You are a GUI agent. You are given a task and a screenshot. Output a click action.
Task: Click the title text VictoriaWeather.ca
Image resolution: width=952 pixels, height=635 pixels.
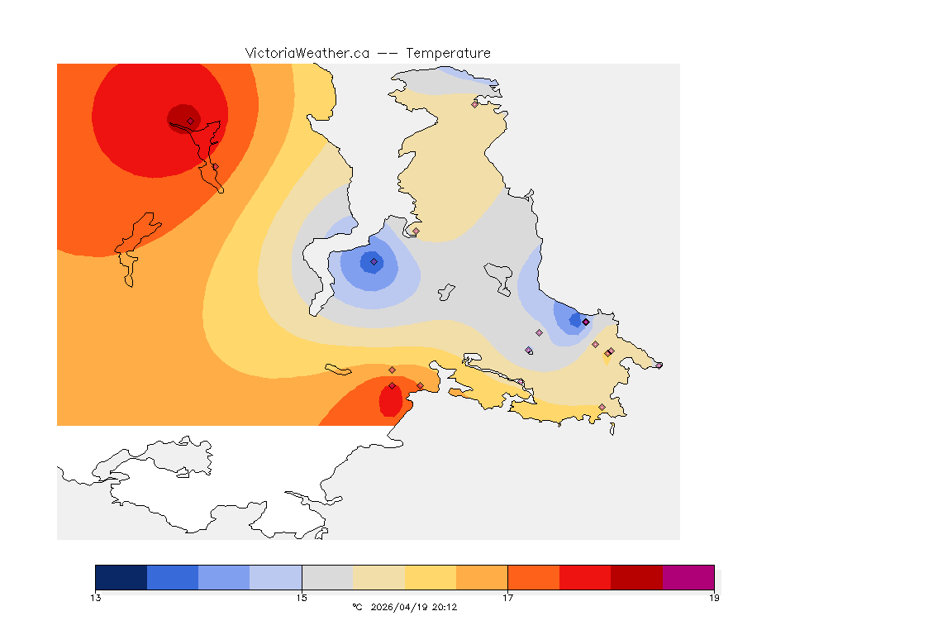[307, 53]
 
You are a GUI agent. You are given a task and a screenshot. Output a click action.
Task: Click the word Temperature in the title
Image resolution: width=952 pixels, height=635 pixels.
[448, 53]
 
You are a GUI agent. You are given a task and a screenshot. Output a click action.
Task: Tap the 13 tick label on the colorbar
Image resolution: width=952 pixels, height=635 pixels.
[96, 598]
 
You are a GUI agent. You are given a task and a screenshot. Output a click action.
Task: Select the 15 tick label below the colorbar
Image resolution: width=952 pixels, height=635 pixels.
[302, 598]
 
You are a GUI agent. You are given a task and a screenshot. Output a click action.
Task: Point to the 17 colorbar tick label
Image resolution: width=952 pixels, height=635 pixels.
[507, 598]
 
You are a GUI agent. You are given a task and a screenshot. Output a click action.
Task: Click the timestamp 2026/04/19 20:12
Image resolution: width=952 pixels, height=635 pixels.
[414, 607]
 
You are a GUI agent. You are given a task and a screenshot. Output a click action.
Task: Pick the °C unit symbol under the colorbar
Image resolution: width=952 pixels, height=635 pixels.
[357, 607]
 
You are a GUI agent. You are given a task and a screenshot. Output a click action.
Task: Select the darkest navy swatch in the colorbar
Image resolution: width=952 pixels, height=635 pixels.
[121, 577]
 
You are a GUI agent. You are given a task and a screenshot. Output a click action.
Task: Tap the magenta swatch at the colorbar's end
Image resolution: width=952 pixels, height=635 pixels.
[688, 577]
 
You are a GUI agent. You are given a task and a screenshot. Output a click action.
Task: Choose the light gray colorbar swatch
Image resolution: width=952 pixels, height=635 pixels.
[327, 577]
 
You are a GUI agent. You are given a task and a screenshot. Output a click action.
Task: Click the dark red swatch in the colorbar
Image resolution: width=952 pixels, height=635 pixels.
[636, 577]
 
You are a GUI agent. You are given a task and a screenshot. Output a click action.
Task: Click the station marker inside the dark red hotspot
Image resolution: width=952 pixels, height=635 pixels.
[190, 121]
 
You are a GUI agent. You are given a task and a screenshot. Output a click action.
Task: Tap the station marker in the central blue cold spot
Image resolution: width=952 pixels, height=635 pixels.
[374, 261]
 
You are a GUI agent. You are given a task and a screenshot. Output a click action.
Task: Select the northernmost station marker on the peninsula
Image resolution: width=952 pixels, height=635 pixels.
[475, 104]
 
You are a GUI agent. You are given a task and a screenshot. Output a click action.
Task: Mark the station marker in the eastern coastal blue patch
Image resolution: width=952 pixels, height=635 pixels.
[585, 322]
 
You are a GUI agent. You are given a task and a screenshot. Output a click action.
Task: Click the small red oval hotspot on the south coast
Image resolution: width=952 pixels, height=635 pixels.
[390, 402]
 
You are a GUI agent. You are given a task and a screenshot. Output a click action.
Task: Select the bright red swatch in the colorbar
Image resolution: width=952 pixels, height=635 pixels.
[585, 577]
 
